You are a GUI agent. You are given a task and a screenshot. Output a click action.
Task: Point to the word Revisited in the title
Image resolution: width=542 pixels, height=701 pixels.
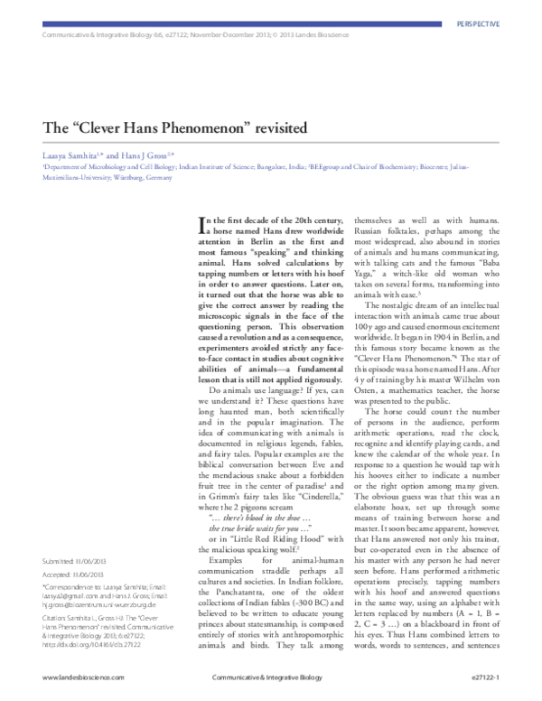click(x=271, y=127)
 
